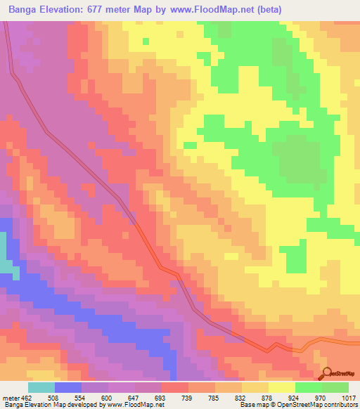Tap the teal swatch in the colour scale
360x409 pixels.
(41, 387)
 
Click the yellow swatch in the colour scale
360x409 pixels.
(281, 387)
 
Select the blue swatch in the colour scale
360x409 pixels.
(67, 387)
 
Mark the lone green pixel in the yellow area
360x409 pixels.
(146, 41)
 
